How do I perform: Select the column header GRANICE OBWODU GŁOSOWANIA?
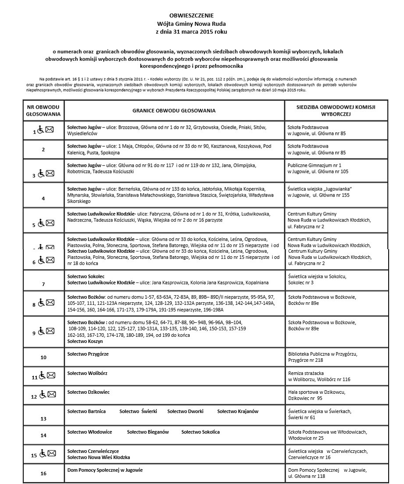pyautogui.click(x=174, y=111)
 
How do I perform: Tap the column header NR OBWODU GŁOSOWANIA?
pyautogui.click(x=43, y=110)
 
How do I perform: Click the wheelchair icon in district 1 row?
pyautogui.click(x=40, y=130)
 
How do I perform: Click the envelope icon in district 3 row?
pyautogui.click(x=50, y=174)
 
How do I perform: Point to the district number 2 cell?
pyautogui.click(x=43, y=149)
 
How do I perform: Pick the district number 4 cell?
pyautogui.click(x=43, y=198)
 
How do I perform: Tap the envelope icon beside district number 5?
pyautogui.click(x=50, y=223)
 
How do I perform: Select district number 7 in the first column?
pyautogui.click(x=43, y=284)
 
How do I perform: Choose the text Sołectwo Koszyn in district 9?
pyautogui.click(x=85, y=341)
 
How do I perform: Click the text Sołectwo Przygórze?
pyautogui.click(x=88, y=354)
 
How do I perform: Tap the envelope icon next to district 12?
pyautogui.click(x=52, y=395)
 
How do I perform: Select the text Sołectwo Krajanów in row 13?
pyautogui.click(x=238, y=411)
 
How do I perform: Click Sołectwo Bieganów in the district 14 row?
pyautogui.click(x=148, y=432)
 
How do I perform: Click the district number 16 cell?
pyautogui.click(x=43, y=473)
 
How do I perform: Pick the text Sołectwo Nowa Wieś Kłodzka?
pyautogui.click(x=99, y=457)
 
